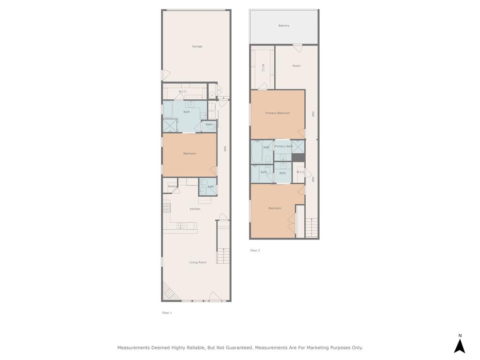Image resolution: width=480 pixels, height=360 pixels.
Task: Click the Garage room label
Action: [197, 46]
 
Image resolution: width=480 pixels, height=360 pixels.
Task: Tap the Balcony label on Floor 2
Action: [284, 26]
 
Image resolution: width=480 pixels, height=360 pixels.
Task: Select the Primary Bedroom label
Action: [277, 113]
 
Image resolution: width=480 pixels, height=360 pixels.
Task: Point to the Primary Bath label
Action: [283, 146]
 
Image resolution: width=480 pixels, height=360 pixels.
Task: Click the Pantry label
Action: [172, 187]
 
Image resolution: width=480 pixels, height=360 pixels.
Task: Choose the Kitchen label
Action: [195, 209]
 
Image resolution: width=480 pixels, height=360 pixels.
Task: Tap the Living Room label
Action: [198, 262]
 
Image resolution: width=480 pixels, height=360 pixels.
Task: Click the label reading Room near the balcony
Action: [296, 66]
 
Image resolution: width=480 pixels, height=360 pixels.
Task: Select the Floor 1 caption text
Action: [167, 313]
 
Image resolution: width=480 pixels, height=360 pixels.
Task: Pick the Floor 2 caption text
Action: [255, 251]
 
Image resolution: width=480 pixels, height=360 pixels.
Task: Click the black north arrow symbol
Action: [459, 345]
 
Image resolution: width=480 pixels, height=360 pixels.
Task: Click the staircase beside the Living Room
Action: [223, 256]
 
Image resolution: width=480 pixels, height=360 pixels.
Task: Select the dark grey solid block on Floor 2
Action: [298, 157]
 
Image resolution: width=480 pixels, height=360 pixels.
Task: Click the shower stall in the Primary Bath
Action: [298, 146]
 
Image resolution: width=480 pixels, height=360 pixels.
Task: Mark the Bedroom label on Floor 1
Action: [189, 154]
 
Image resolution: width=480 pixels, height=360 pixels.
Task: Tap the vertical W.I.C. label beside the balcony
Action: [263, 68]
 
